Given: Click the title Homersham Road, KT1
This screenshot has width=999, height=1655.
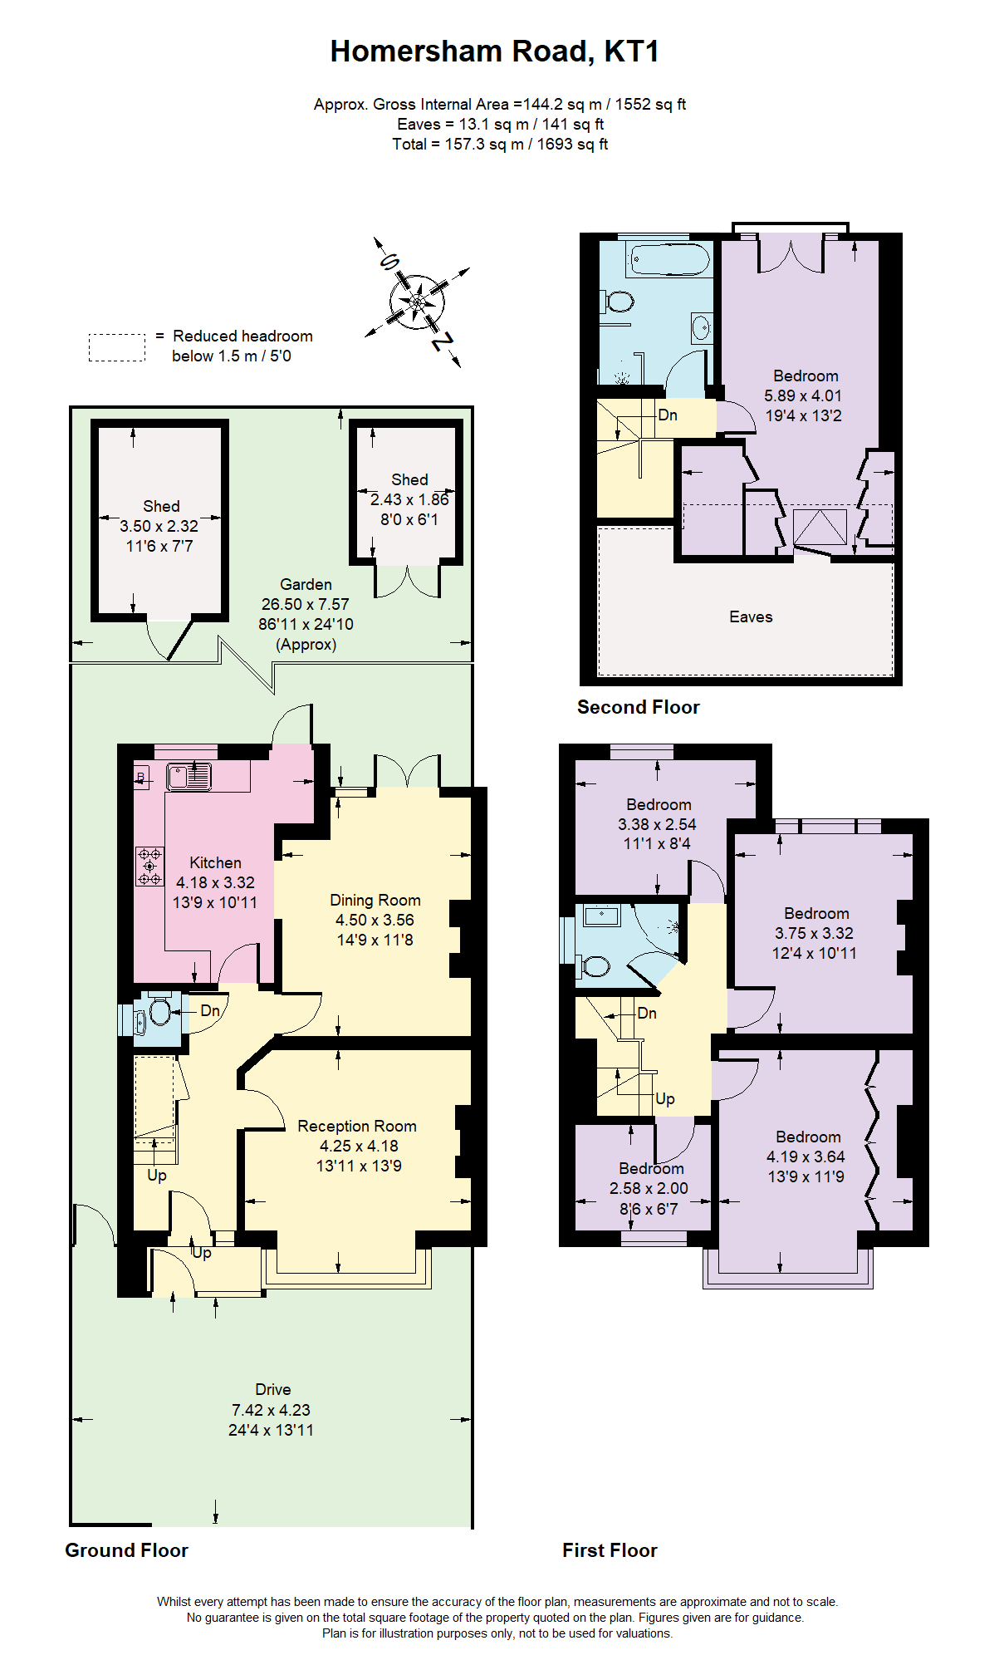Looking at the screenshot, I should coord(494,52).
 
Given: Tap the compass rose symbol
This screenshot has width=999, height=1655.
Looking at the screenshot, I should coord(417,301).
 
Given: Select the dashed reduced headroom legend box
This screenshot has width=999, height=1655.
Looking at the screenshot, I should coord(117,347).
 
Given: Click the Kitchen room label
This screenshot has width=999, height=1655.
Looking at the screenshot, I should coord(215,862).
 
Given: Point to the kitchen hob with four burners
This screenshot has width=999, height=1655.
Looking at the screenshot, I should coord(149,867).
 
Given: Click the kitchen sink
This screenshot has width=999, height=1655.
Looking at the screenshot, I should coord(189,777).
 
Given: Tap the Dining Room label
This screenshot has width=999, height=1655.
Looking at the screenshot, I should coord(375,900).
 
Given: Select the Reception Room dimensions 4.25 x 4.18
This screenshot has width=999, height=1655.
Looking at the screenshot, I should coord(359,1146).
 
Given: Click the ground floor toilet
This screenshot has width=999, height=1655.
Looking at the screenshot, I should coord(158,1012).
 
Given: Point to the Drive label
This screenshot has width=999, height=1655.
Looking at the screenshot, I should coord(272,1389).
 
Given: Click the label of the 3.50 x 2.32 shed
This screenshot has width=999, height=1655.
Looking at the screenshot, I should coord(160,506).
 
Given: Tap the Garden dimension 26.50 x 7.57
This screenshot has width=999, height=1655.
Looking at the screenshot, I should coord(305,604).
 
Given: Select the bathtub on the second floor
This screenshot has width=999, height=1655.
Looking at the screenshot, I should coord(669,260).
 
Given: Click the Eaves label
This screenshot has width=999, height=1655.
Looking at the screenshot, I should coord(750,616).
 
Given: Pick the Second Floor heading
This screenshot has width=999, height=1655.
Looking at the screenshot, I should coord(638,707).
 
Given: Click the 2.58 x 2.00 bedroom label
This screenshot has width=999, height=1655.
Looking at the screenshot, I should coord(650,1169).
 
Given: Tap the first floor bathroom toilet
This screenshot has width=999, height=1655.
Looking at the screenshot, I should coord(595,965).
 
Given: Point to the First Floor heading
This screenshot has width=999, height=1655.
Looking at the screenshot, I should coord(609,1550).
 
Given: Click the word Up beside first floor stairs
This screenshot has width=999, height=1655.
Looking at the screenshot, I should coord(664,1098).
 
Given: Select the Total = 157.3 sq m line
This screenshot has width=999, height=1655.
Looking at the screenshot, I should coord(499,144).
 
